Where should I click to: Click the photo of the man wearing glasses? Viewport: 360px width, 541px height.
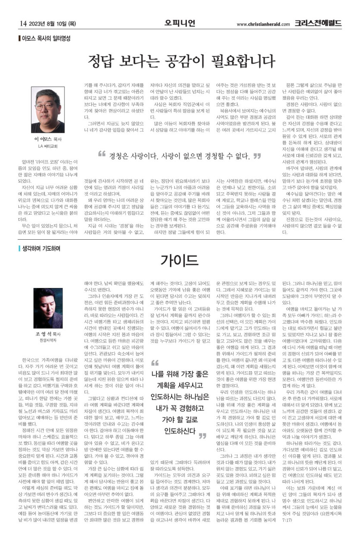47,110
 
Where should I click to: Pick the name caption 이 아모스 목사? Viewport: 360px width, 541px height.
47,139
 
